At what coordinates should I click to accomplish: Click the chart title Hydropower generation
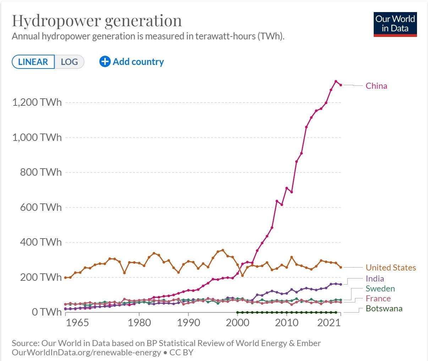97,21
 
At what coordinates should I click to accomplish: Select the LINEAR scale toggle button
33,62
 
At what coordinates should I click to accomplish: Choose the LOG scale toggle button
69,62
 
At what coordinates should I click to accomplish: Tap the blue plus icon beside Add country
105,62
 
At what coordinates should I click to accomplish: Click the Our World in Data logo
395,24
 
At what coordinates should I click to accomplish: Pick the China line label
376,86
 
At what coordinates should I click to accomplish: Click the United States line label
390,268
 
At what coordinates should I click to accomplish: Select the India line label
375,279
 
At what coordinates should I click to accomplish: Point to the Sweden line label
380,289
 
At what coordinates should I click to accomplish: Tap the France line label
378,299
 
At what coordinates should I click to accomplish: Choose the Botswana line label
384,308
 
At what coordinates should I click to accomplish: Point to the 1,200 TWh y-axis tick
37,103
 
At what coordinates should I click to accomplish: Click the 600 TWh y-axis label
41,207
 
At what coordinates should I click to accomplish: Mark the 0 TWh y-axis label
46,312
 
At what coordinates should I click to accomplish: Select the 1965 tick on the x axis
78,323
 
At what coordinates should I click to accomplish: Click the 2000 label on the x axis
237,323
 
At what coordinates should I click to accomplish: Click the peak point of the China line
336,81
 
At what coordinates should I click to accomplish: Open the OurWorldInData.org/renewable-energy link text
86,353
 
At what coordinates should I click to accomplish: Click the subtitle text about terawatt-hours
148,36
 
